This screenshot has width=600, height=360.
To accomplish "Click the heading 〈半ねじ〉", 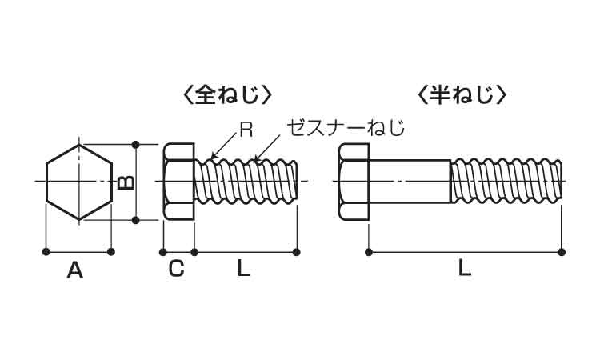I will click(x=462, y=95).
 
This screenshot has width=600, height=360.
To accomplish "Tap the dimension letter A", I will click(x=74, y=270).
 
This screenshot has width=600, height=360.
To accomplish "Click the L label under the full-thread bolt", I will click(x=243, y=270).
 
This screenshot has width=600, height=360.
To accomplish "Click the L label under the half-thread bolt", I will click(x=464, y=270).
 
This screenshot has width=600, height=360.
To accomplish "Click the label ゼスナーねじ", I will click(x=346, y=127).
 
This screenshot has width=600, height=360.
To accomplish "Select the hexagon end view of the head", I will click(x=78, y=182).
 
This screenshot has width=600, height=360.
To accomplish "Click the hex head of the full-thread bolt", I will click(x=178, y=182).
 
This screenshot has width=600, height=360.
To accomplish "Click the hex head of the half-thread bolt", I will click(x=353, y=182).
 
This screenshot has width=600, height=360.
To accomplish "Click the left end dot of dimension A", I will click(x=45, y=252).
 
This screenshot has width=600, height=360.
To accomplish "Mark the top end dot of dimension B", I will click(x=136, y=145).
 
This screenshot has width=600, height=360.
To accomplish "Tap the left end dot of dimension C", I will click(x=164, y=252).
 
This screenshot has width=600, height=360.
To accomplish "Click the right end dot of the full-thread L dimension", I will click(x=297, y=252).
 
